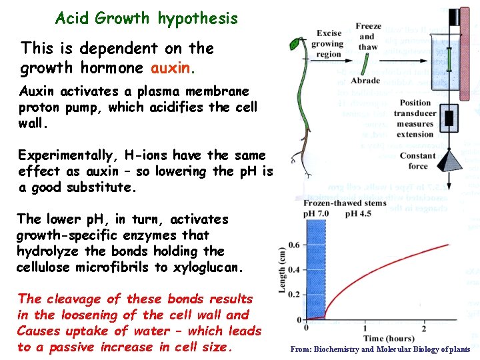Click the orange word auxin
click(173, 68)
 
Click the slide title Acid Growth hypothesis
click(146, 19)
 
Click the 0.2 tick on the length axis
click(293, 295)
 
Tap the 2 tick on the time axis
click(424, 329)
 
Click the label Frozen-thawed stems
click(345, 203)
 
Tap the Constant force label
click(418, 161)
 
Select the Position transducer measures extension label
click(415, 118)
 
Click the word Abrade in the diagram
click(365, 81)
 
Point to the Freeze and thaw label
click(368, 37)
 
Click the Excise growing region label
click(329, 43)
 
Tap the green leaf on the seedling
click(295, 44)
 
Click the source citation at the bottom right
click(380, 349)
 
